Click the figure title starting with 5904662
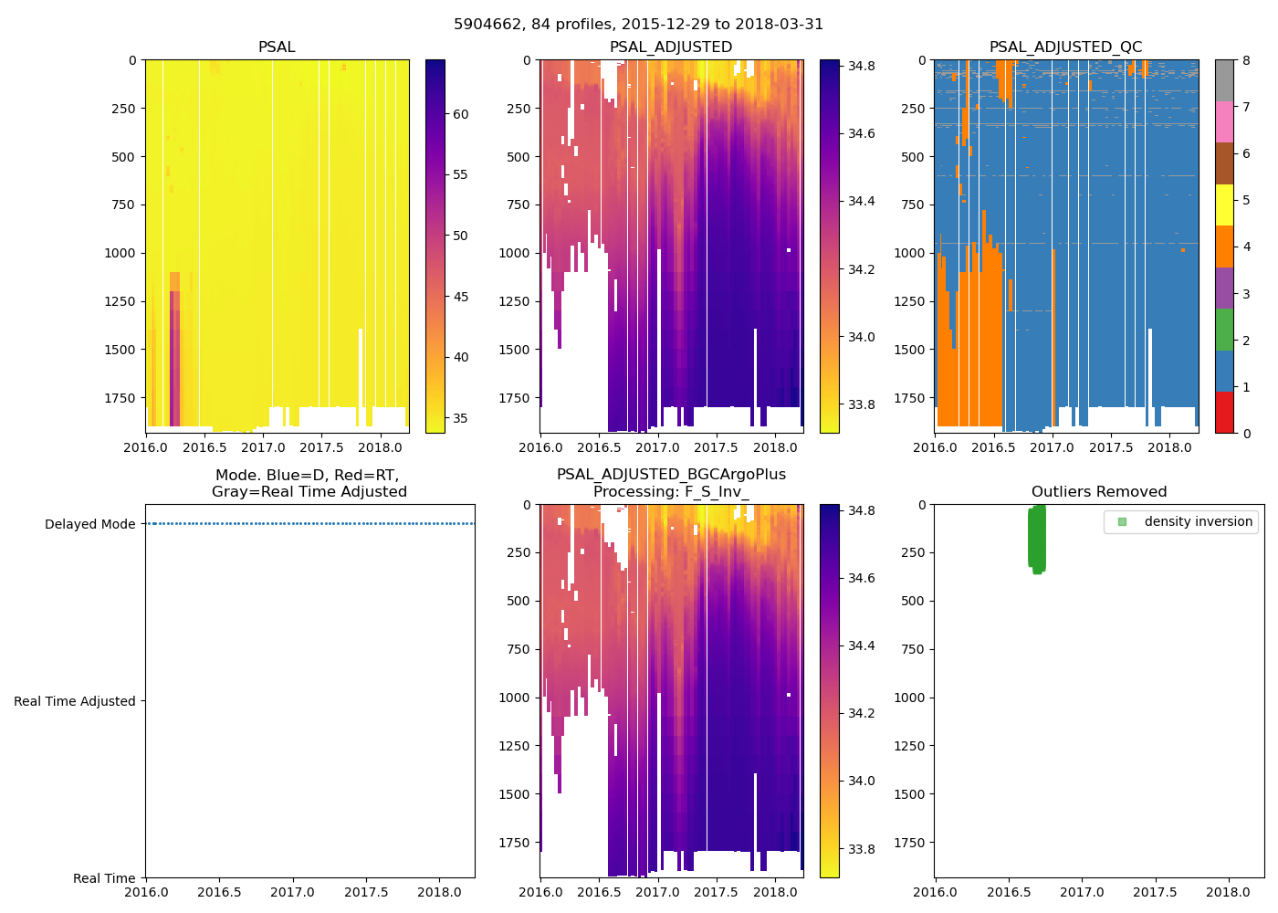pos(638,25)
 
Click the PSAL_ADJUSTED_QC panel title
pos(1065,47)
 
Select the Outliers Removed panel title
pos(1098,492)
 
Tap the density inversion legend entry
pos(1198,522)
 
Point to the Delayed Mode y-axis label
pos(89,524)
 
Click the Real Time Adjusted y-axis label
pos(74,701)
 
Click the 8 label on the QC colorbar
pos(1246,61)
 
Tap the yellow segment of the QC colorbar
pos(1224,205)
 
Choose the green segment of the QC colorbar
pos(1224,330)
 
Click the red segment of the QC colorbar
pos(1224,413)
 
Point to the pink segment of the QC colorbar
pos(1224,122)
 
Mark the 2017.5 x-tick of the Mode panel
pos(366,892)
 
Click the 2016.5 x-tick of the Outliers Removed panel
pos(1009,892)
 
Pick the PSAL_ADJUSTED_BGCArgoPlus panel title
pos(671,475)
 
